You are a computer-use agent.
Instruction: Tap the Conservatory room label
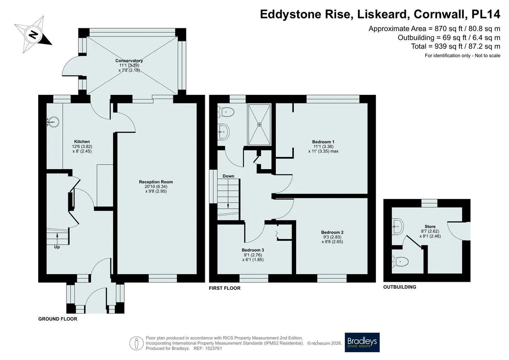129,61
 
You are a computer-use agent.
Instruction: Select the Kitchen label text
82,142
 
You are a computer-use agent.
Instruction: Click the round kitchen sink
54,122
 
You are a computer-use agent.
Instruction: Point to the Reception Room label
156,182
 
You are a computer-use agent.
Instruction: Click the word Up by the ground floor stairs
57,247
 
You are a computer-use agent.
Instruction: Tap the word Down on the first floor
228,176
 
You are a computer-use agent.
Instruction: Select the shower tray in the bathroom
259,125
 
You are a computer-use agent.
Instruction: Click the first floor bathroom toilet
226,112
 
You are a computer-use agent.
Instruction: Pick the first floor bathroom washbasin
223,132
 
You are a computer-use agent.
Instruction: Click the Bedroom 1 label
323,142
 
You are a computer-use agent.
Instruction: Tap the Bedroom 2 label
332,233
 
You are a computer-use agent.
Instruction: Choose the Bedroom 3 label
253,250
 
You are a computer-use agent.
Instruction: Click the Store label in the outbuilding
430,227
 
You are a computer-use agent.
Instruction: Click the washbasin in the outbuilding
398,226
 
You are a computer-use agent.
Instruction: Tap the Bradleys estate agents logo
362,342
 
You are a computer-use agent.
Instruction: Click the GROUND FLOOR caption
58,319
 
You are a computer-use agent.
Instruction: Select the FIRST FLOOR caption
225,288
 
